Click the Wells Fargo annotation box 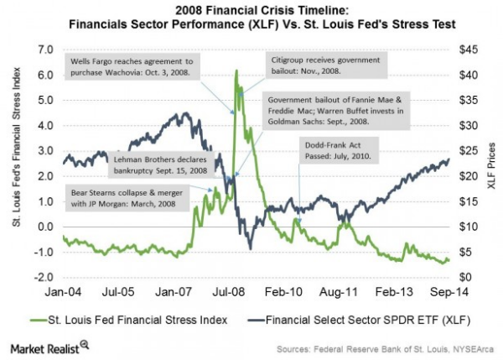pos(130,67)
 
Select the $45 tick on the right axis pos(468,50)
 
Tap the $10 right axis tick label pos(468,227)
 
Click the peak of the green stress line pos(236,71)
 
